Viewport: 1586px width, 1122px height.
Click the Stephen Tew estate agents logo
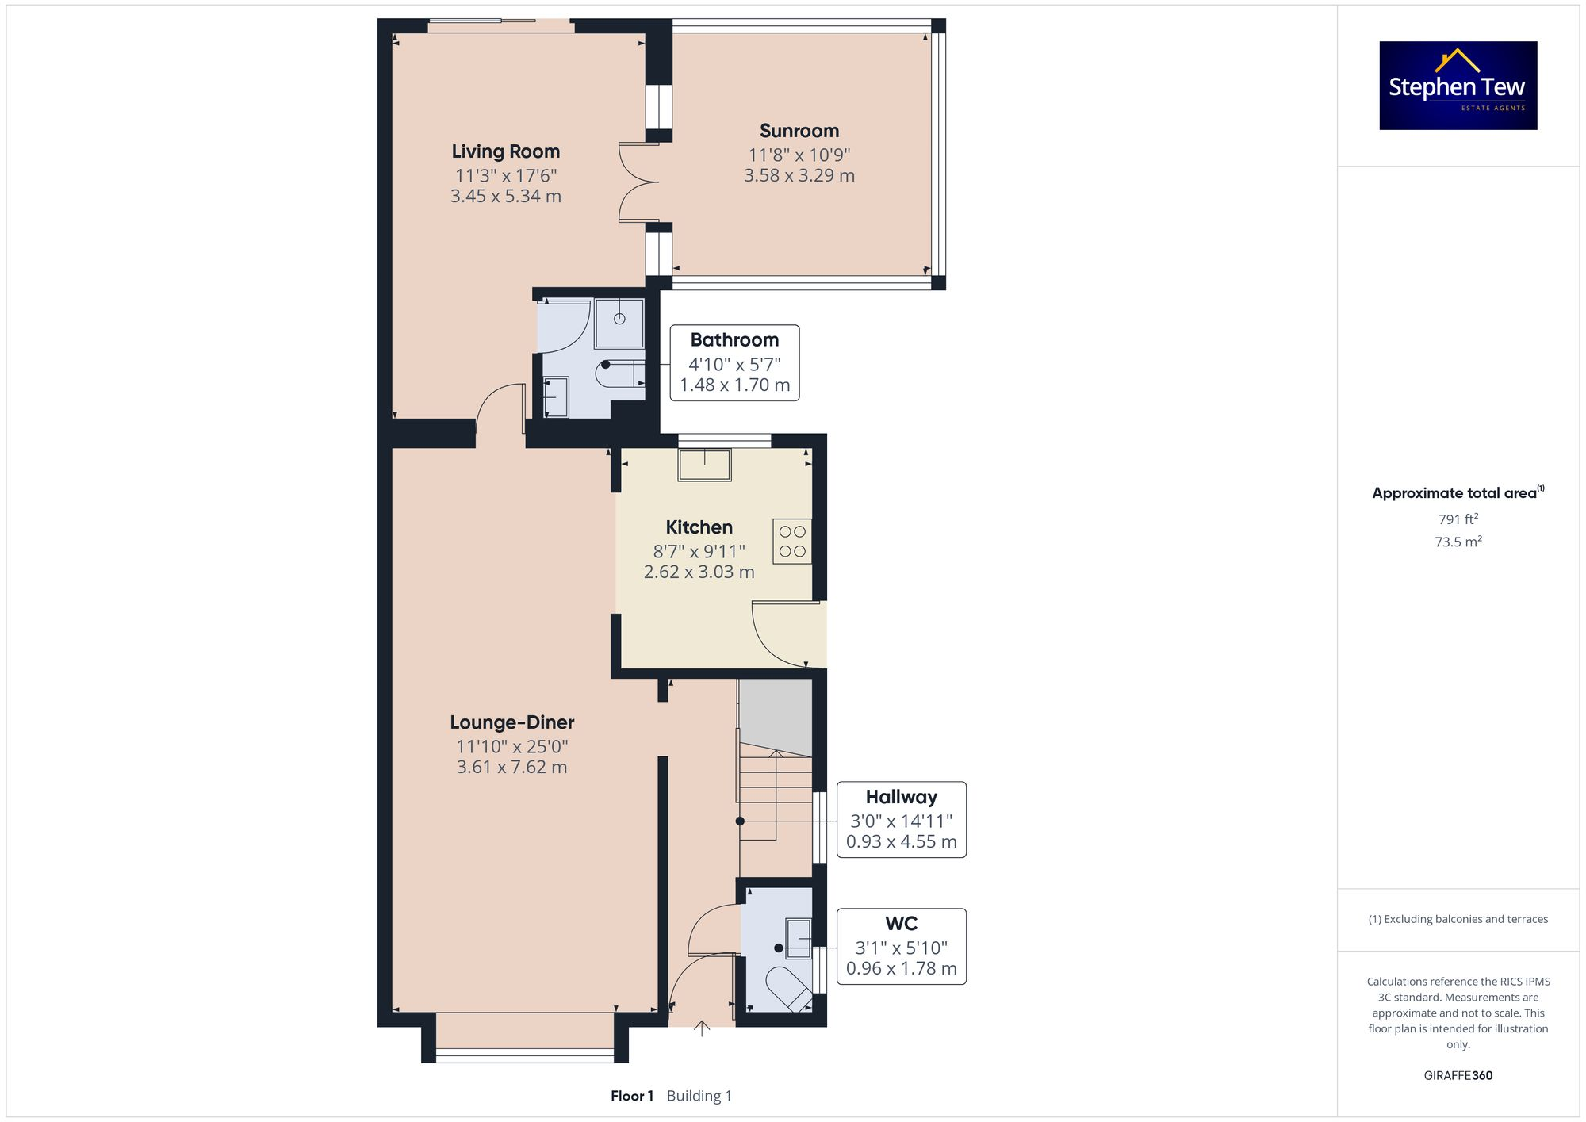click(x=1458, y=86)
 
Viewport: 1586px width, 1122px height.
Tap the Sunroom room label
click(x=799, y=131)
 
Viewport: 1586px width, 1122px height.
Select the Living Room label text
click(x=505, y=151)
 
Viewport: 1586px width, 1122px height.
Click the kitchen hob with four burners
click(x=791, y=541)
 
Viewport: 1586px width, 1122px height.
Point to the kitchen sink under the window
click(x=704, y=465)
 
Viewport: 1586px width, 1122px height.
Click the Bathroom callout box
click(x=734, y=362)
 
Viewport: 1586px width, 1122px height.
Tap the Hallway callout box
click(x=901, y=819)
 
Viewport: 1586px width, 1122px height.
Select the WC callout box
click(x=901, y=946)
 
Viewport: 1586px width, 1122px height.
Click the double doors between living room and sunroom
click(x=639, y=183)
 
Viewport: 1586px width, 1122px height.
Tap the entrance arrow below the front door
click(x=702, y=1028)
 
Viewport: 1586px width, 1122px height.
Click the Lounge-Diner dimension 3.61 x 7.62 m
click(x=511, y=767)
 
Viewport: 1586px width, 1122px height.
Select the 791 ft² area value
click(x=1458, y=519)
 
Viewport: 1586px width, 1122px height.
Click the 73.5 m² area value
click(x=1458, y=542)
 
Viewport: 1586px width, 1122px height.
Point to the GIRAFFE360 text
click(x=1458, y=1075)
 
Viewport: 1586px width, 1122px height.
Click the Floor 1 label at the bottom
click(x=632, y=1096)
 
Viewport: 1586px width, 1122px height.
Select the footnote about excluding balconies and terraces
click(x=1458, y=919)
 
